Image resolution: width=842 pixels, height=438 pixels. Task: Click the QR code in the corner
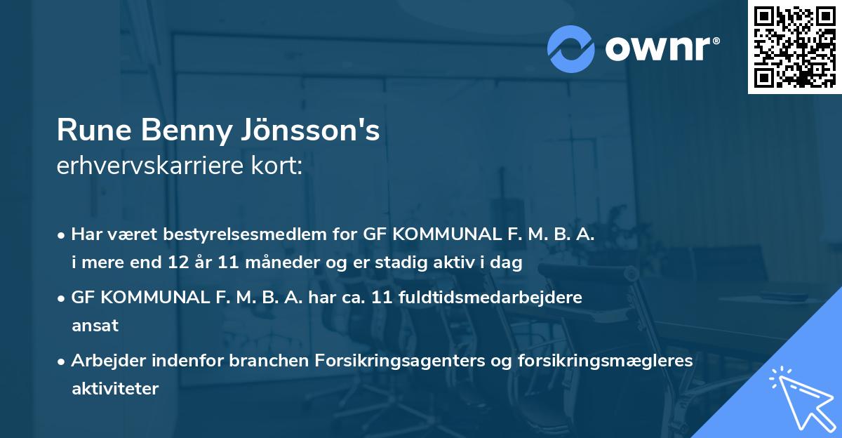tap(794, 47)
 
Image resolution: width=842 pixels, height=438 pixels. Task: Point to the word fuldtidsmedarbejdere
tap(490, 298)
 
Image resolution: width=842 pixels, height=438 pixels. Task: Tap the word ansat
tap(95, 325)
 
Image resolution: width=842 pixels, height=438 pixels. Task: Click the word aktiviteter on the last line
tap(115, 387)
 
